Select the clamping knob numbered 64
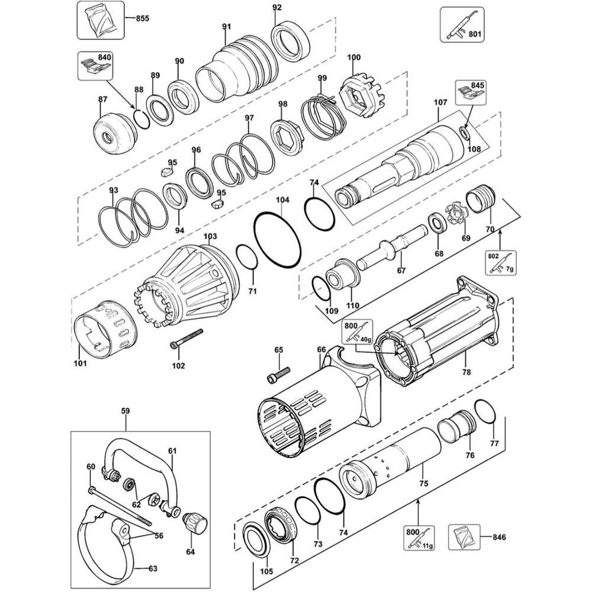[194, 522]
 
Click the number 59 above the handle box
[125, 410]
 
